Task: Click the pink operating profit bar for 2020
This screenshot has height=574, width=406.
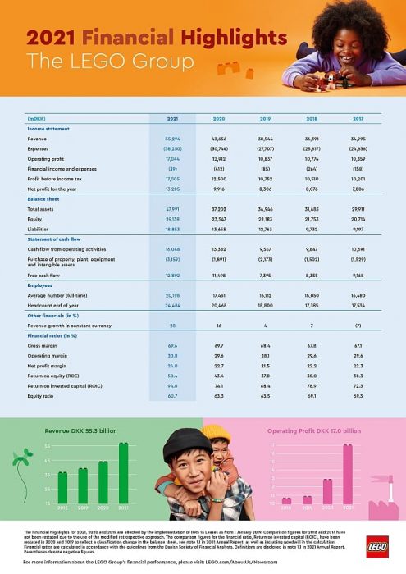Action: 327,490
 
